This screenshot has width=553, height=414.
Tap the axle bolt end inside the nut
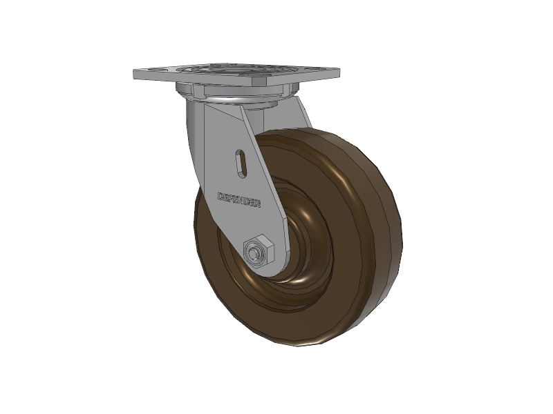(x=253, y=253)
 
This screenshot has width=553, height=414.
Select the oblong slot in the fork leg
(x=241, y=164)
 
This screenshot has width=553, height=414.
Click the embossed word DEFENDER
(x=239, y=199)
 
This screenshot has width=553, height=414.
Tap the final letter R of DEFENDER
(x=258, y=204)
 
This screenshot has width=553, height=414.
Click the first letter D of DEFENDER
(x=221, y=196)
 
